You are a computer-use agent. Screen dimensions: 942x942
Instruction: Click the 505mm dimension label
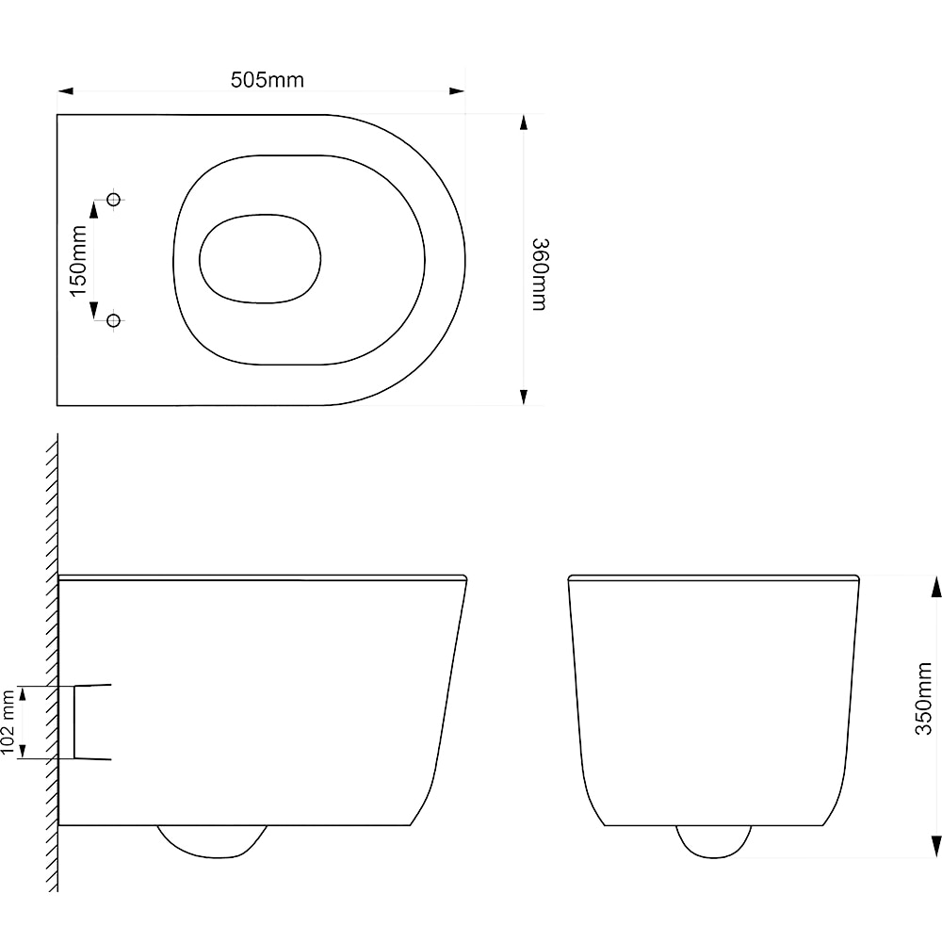[x=268, y=80]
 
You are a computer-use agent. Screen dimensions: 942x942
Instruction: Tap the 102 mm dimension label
[x=8, y=722]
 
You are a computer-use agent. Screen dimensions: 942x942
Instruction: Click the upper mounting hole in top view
[x=114, y=200]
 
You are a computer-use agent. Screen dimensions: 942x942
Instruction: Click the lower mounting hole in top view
[x=114, y=321]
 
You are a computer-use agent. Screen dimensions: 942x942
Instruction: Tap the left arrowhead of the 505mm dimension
[x=65, y=91]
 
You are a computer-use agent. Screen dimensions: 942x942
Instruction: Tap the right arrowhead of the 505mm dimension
[x=458, y=91]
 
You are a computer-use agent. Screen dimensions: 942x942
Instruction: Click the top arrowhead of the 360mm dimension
[x=524, y=122]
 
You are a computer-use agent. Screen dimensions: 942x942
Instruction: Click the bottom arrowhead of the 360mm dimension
[x=524, y=398]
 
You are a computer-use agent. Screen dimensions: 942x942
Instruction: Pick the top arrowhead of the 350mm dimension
[x=935, y=585]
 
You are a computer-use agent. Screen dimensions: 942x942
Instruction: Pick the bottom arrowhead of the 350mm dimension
[x=935, y=848]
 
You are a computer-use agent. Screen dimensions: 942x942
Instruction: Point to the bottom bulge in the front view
[x=713, y=841]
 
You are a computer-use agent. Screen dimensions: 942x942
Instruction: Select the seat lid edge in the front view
[x=713, y=577]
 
